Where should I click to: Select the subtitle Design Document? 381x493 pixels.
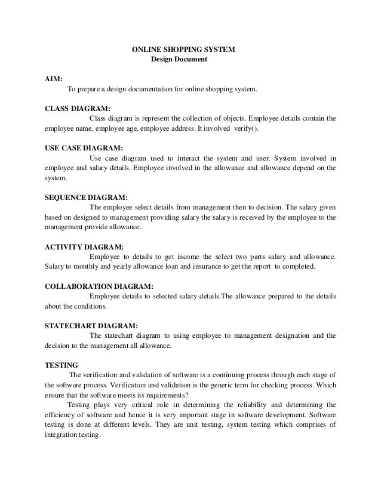click(x=179, y=60)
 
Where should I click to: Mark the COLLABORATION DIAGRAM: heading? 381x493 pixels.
click(x=94, y=285)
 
